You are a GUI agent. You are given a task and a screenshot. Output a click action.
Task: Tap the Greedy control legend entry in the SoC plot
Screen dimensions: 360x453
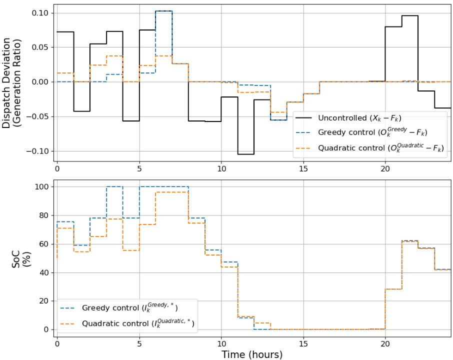coord(127,307)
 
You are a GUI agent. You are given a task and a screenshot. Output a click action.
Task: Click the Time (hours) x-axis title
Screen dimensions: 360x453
coord(252,354)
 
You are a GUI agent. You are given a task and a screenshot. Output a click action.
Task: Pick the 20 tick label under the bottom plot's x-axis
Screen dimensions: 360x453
coord(385,343)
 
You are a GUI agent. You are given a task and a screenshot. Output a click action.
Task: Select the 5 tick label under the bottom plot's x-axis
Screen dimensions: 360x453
coord(139,343)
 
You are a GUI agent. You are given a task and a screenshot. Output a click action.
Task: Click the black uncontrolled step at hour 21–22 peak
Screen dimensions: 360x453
coord(410,15)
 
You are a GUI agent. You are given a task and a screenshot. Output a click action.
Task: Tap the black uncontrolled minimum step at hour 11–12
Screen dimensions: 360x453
coord(246,154)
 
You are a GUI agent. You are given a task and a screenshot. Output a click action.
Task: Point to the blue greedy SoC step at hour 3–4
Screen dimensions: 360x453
coord(114,186)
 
